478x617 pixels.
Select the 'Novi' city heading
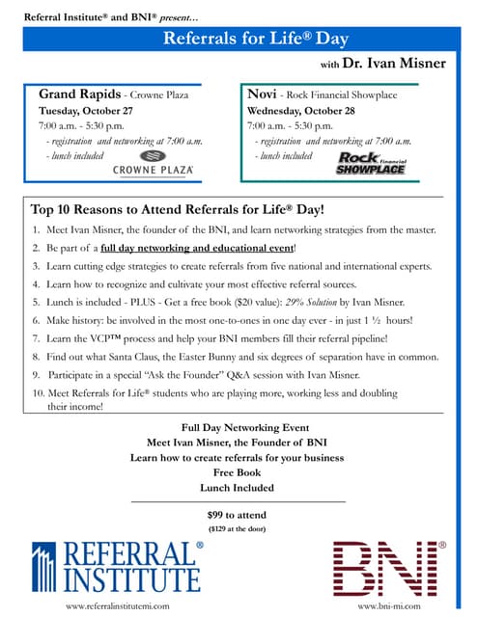[262, 94]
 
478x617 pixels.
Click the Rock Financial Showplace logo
[371, 162]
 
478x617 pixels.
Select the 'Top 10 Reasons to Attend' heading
[178, 209]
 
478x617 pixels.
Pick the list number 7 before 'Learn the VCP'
[36, 339]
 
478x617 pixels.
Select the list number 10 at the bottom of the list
[38, 393]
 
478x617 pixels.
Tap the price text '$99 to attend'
[238, 514]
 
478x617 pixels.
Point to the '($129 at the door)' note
[238, 528]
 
